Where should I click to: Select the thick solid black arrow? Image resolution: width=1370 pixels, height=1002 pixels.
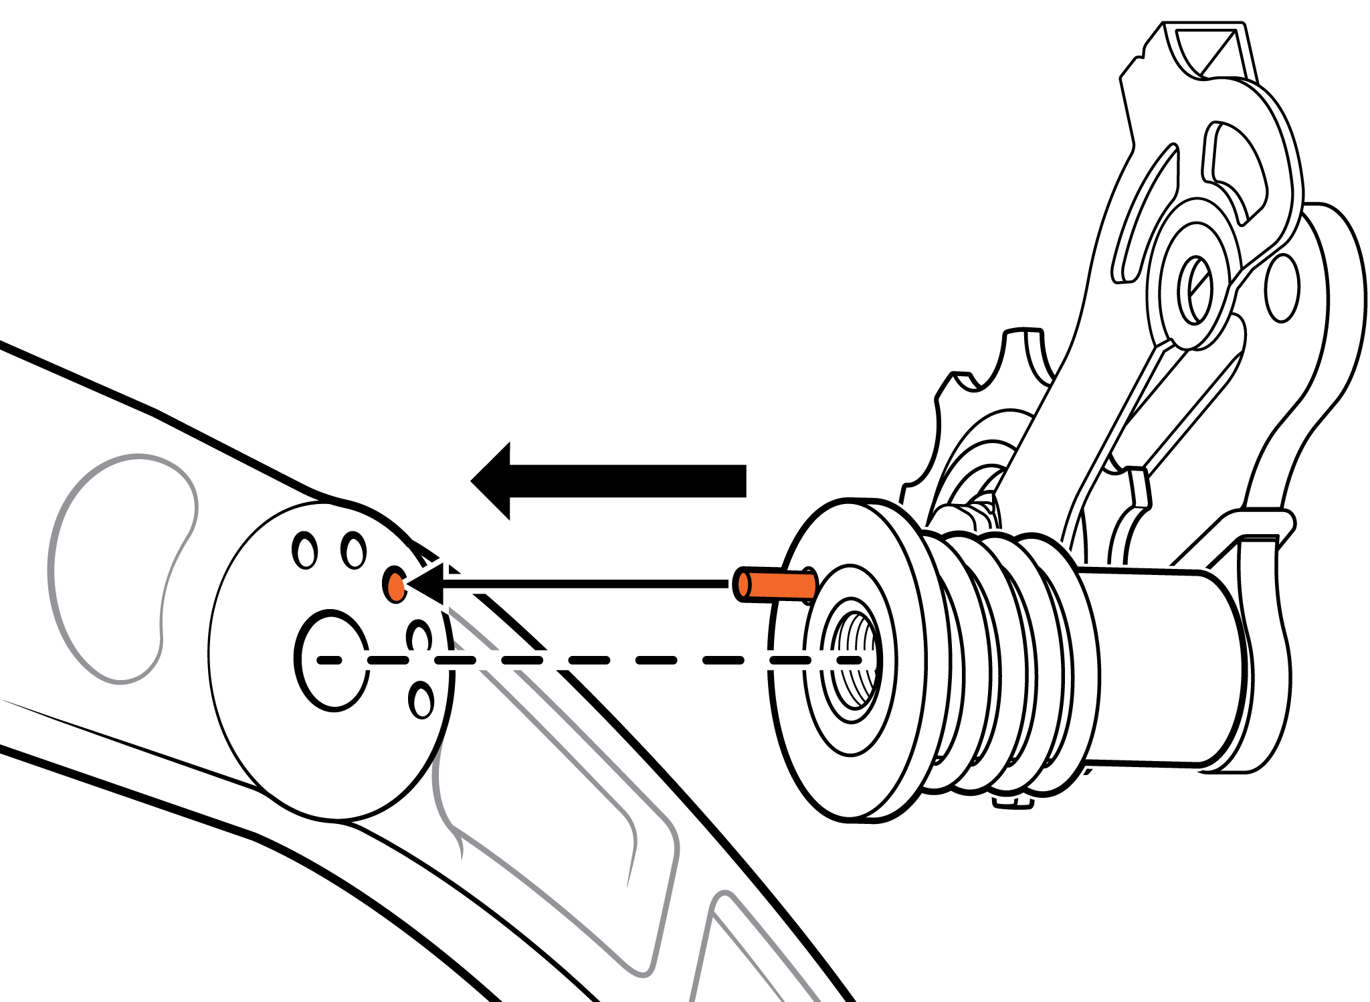click(609, 481)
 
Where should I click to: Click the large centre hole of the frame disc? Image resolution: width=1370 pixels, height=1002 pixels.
click(331, 661)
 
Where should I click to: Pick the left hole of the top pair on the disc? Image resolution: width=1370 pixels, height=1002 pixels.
click(305, 551)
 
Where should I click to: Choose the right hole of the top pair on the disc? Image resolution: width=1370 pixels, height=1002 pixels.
click(353, 550)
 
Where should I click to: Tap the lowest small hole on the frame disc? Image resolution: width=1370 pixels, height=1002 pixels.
click(421, 701)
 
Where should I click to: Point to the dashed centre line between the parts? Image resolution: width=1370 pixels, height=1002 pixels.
click(589, 661)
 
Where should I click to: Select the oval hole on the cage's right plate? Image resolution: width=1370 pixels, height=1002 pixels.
click(1282, 288)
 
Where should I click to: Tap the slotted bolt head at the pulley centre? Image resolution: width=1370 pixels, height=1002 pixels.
click(1195, 290)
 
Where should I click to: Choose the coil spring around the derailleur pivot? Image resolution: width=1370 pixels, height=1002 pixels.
click(1003, 663)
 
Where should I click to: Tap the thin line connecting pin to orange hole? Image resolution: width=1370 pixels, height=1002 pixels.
click(582, 584)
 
